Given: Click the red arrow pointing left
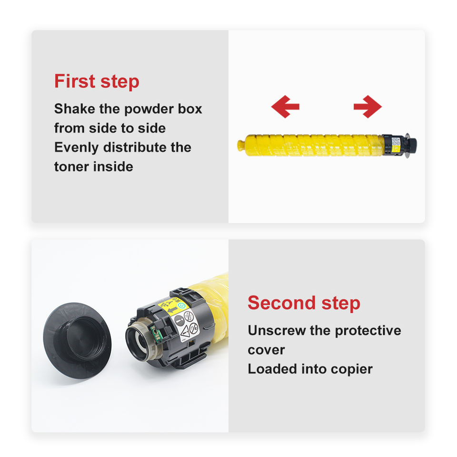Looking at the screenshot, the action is click(x=285, y=107).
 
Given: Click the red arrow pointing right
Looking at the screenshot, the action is click(x=368, y=107).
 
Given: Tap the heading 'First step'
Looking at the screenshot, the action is click(x=97, y=81).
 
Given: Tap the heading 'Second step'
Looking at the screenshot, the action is click(x=304, y=303).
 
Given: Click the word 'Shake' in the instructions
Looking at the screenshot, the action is click(x=75, y=109).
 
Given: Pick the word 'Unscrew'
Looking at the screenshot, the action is click(x=277, y=330).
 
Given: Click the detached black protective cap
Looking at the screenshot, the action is click(x=77, y=340).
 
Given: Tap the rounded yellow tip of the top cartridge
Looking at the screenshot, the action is click(x=241, y=145).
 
